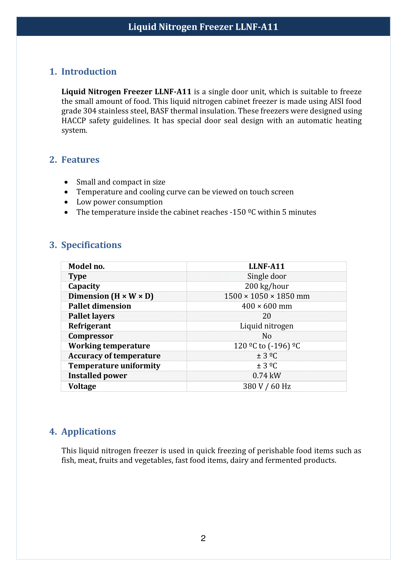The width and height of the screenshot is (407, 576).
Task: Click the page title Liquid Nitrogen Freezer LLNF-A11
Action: click(203, 27)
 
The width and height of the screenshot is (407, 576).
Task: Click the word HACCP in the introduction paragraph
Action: click(73, 121)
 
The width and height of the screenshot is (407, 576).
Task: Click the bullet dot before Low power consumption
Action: click(66, 202)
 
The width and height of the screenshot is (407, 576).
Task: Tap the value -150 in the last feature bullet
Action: click(238, 212)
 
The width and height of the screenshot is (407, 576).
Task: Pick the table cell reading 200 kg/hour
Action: click(267, 286)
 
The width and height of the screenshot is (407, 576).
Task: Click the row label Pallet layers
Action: click(91, 316)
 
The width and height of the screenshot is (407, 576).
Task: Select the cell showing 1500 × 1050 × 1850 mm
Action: click(267, 296)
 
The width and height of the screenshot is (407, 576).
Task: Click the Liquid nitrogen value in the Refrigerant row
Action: click(267, 326)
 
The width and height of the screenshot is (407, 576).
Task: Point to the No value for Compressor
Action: click(267, 336)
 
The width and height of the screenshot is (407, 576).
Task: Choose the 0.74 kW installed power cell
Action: click(267, 375)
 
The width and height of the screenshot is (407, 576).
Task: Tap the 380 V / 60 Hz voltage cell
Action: click(267, 386)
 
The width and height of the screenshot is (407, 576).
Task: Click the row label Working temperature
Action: click(109, 346)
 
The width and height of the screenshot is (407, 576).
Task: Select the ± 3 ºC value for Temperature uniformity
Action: click(267, 366)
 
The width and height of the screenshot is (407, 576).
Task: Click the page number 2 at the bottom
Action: click(203, 538)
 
